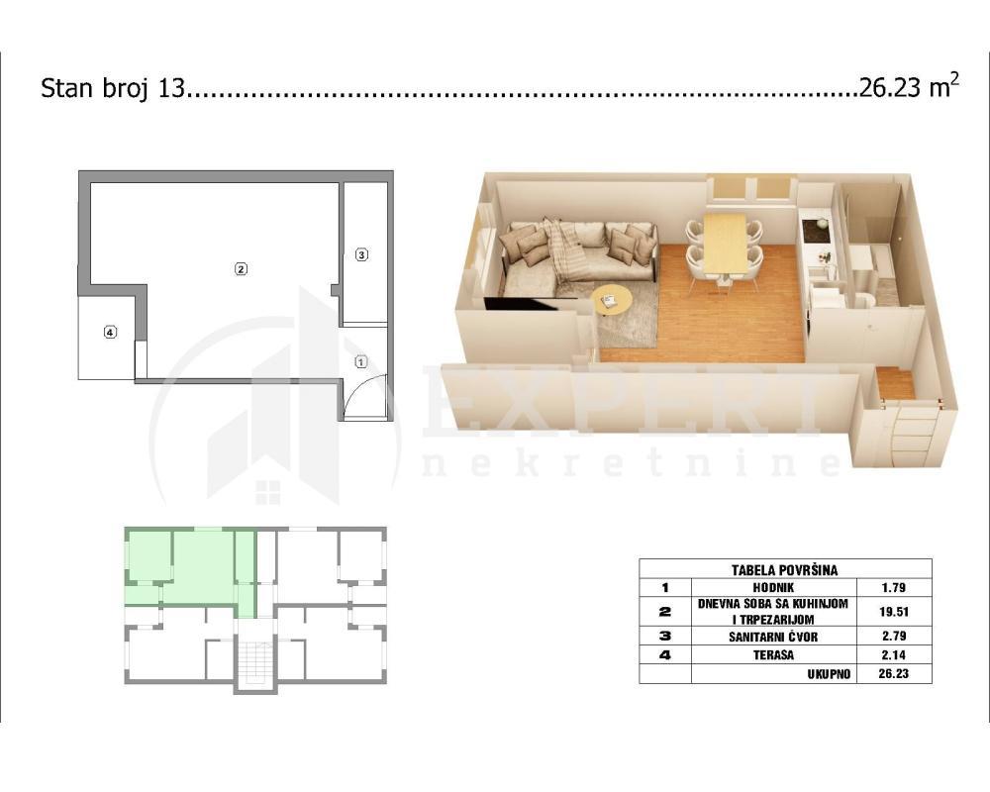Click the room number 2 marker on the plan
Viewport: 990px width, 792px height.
coord(240,267)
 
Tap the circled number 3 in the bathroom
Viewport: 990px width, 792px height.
coord(361,254)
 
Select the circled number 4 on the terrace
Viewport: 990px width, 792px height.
coord(110,333)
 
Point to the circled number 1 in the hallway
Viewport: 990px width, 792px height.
coord(361,362)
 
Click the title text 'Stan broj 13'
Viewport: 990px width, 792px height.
coord(112,89)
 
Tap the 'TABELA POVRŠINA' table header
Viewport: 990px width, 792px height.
coord(784,569)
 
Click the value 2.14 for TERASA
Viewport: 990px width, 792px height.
coord(893,654)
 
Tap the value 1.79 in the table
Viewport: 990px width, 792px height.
coord(893,588)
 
